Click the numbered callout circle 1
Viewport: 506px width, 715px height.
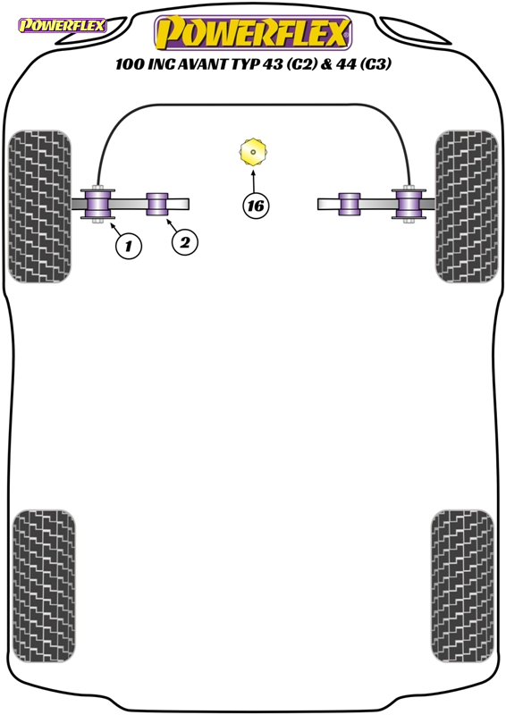[128, 247]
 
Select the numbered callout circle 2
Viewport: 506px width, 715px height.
[185, 242]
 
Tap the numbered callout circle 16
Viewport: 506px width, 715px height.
[256, 206]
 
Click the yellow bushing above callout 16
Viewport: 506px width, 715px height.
[253, 152]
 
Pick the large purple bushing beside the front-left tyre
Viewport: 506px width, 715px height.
[98, 204]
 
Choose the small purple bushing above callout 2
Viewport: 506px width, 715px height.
[157, 204]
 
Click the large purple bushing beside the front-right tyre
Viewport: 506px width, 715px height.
[409, 204]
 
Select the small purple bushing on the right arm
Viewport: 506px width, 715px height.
[350, 204]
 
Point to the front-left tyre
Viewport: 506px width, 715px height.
[40, 206]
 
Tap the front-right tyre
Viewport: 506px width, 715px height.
[467, 206]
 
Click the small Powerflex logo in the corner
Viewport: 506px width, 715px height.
[62, 25]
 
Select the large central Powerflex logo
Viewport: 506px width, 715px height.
[253, 32]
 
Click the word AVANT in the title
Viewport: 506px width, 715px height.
[202, 64]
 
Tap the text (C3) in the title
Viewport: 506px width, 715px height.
[376, 64]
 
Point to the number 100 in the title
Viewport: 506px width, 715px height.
[129, 64]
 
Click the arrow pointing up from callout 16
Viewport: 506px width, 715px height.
[253, 181]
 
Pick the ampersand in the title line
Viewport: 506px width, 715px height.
[326, 64]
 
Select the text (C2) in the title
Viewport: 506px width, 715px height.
[301, 64]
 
